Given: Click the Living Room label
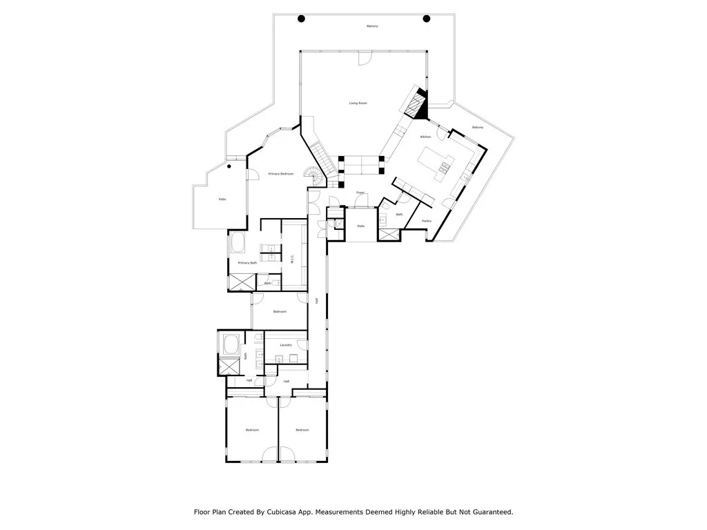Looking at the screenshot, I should [358, 103].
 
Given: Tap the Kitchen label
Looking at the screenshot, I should [426, 137].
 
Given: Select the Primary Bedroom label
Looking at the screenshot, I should [281, 173].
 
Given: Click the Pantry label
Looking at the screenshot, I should [427, 221].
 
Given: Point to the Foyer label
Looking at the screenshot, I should [360, 193].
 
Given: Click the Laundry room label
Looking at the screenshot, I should [286, 344].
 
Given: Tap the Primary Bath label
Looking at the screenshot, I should [247, 263].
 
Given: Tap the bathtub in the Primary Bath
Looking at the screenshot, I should [238, 243].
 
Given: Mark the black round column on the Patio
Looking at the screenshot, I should [229, 166].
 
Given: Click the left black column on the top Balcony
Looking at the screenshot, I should [301, 19].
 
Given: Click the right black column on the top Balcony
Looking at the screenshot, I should [426, 19].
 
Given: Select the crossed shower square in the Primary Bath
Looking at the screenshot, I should [240, 282].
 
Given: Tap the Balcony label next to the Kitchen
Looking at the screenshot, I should [478, 128].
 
